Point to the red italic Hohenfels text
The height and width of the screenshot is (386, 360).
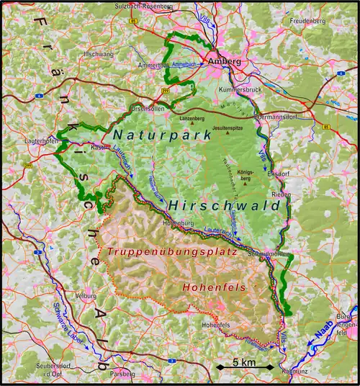(x=213, y=287)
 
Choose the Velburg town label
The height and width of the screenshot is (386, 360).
(x=85, y=295)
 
